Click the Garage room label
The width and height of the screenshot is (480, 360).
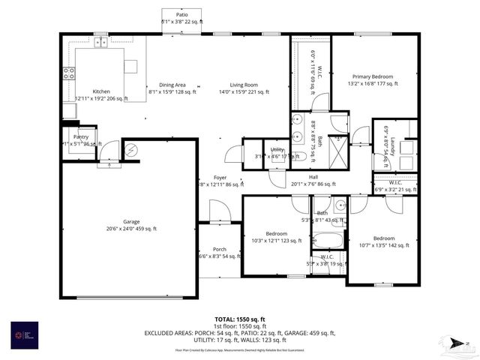tap(132, 221)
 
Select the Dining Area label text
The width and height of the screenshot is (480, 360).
tap(172, 85)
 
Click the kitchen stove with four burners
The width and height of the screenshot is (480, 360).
tap(68, 73)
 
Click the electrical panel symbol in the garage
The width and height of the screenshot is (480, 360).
tap(131, 151)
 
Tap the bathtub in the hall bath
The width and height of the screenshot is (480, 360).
tap(327, 241)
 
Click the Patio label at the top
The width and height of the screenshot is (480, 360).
tap(181, 14)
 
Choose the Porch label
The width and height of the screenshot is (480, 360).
tap(220, 249)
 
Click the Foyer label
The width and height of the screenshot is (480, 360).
tap(220, 177)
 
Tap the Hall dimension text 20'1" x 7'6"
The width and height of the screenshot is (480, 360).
tap(313, 184)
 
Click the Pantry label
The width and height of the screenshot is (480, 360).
tap(81, 137)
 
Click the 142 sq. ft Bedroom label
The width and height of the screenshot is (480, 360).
tap(384, 238)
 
